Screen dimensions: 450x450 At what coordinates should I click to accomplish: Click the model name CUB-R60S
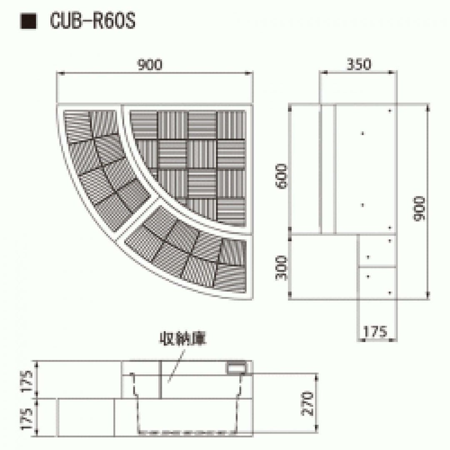click(x=92, y=21)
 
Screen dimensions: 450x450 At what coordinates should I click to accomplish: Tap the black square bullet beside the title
click(x=28, y=21)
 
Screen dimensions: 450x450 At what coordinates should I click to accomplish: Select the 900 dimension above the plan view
click(x=150, y=65)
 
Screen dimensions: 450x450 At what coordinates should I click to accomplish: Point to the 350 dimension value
click(x=359, y=65)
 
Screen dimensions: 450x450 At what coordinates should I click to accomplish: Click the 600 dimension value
click(x=281, y=176)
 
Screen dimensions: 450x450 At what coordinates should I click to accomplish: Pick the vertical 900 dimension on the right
click(x=419, y=209)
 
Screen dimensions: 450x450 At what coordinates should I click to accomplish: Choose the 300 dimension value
click(x=281, y=268)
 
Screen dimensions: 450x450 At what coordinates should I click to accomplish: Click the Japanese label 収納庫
click(x=183, y=339)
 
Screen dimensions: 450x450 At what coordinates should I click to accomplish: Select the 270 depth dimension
click(x=307, y=403)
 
